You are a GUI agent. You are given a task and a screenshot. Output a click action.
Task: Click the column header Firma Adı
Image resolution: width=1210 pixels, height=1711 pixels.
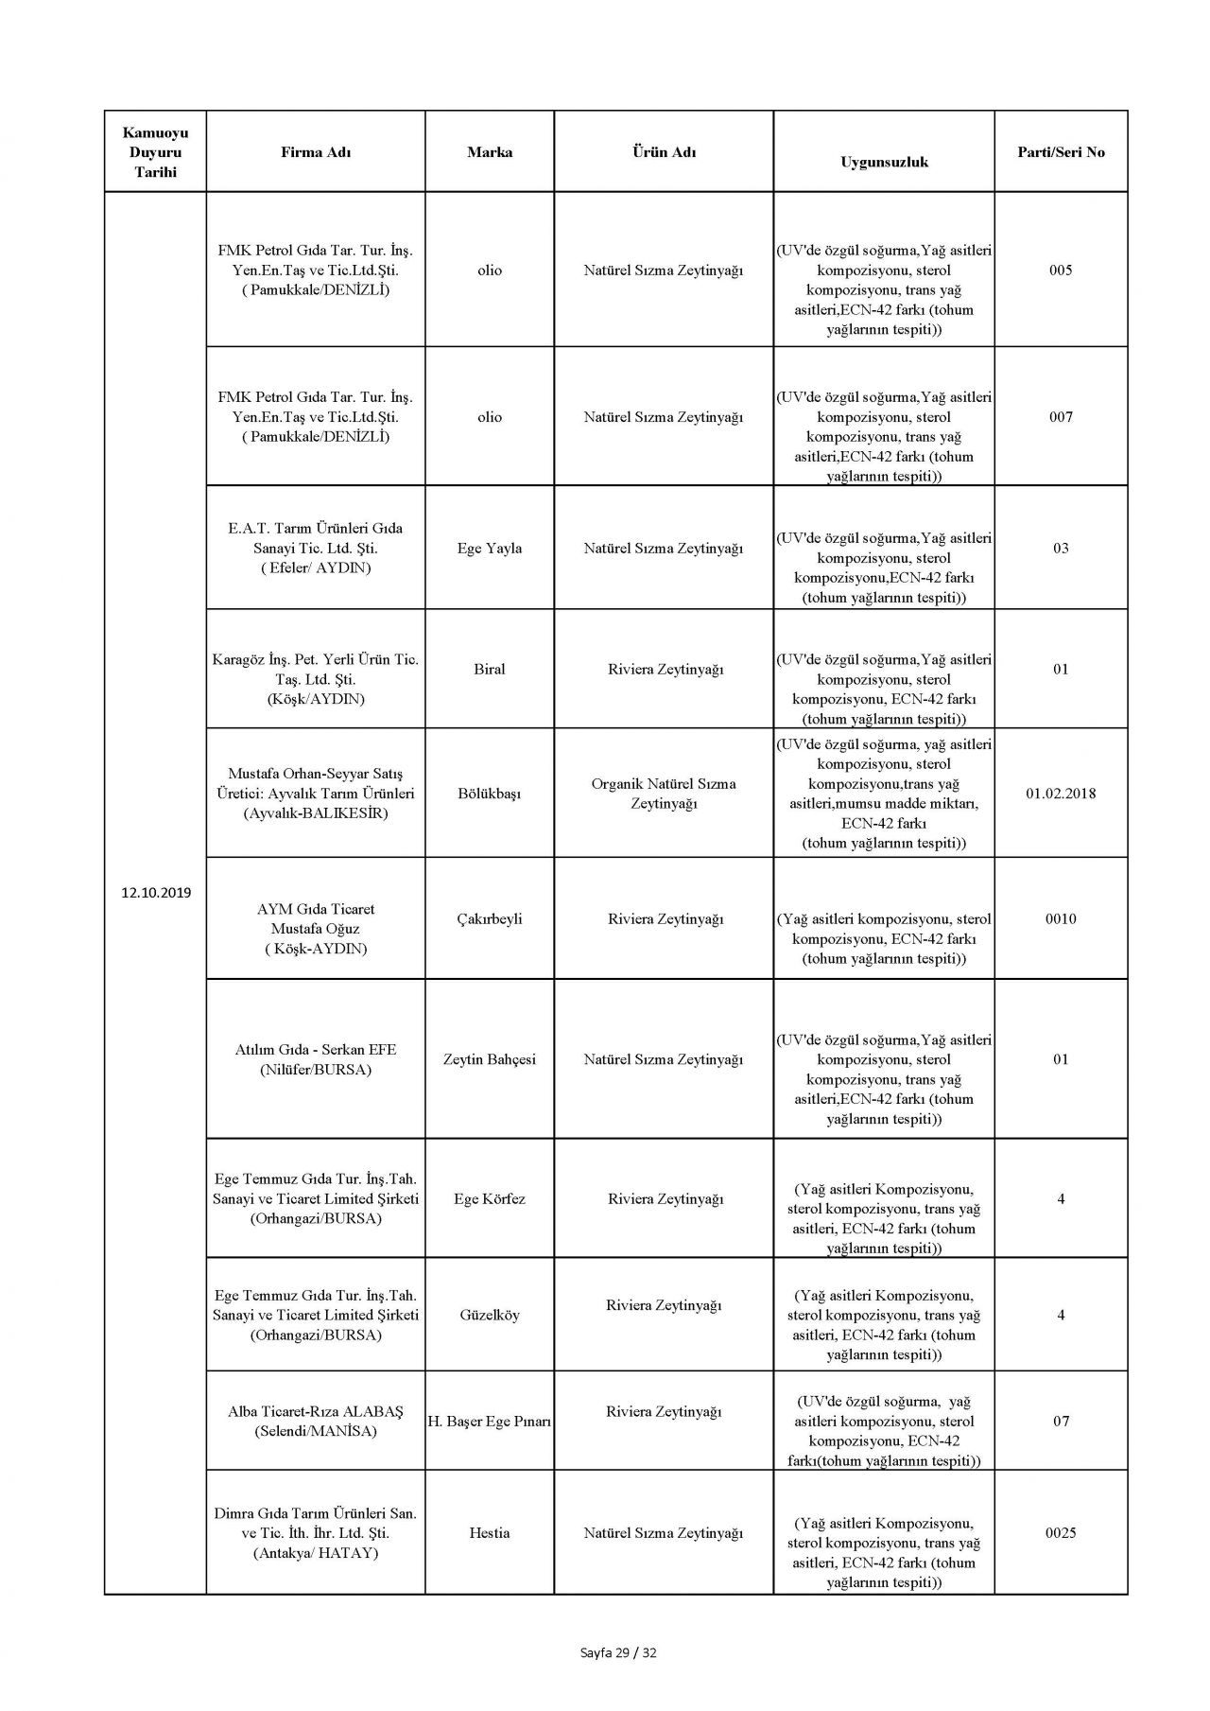pyautogui.click(x=316, y=152)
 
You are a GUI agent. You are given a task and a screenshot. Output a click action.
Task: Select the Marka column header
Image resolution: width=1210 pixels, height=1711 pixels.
pyautogui.click(x=490, y=152)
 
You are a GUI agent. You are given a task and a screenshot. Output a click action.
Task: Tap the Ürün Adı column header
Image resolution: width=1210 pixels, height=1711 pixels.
pyautogui.click(x=664, y=152)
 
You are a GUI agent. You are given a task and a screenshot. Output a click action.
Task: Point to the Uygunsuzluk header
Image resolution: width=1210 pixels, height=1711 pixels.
pyautogui.click(x=884, y=162)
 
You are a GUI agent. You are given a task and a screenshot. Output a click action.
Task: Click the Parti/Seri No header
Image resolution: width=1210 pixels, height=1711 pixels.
pyautogui.click(x=1061, y=152)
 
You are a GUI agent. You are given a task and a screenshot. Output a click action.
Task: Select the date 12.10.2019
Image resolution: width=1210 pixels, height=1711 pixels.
pyautogui.click(x=156, y=892)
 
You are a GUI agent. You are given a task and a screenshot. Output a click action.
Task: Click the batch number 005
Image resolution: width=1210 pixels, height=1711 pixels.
pyautogui.click(x=1061, y=271)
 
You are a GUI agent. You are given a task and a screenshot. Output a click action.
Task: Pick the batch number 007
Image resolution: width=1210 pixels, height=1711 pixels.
pyautogui.click(x=1061, y=417)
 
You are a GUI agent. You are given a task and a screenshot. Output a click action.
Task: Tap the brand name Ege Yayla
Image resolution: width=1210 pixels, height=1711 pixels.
pyautogui.click(x=490, y=549)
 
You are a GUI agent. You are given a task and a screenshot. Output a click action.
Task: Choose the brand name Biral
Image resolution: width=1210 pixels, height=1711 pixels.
pyautogui.click(x=490, y=670)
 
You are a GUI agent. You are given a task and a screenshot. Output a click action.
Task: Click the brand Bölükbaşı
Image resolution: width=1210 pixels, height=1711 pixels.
pyautogui.click(x=490, y=794)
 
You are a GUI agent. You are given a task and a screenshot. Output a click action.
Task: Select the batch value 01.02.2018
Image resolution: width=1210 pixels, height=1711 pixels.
pyautogui.click(x=1061, y=794)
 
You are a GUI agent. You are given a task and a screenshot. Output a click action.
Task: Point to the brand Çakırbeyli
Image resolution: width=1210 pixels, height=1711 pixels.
pyautogui.click(x=490, y=919)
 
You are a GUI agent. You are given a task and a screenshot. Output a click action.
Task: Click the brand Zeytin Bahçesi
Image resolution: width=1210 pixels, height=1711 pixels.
pyautogui.click(x=490, y=1059)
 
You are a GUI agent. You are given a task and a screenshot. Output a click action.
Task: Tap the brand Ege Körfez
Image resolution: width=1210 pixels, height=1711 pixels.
pyautogui.click(x=490, y=1199)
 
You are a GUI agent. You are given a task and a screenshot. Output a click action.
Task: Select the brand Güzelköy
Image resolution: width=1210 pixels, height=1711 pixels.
pyautogui.click(x=490, y=1316)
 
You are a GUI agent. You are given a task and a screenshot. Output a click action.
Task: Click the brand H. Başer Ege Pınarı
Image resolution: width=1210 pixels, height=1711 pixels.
pyautogui.click(x=490, y=1422)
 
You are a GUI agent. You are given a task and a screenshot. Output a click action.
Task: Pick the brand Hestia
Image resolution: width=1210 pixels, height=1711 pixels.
pyautogui.click(x=490, y=1533)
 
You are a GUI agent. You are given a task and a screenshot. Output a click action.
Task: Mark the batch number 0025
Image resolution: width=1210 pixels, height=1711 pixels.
pyautogui.click(x=1061, y=1533)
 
